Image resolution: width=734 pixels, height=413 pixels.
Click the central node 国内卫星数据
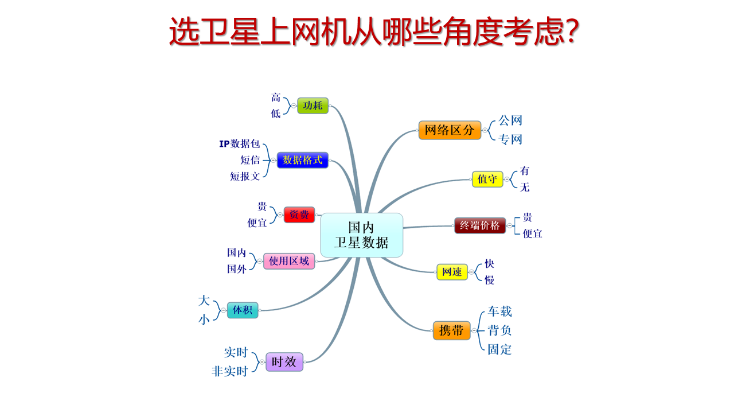tap(361, 235)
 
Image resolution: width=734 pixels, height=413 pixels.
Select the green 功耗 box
tap(313, 106)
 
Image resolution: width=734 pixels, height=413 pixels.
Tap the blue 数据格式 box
tap(302, 160)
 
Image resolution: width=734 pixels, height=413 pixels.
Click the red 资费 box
tap(299, 215)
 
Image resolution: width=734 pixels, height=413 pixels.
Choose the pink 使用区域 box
tap(289, 261)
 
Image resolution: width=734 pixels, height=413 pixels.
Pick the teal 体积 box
tap(243, 310)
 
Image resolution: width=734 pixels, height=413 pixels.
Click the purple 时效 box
tap(284, 362)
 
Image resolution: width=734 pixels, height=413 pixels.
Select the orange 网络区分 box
tap(450, 130)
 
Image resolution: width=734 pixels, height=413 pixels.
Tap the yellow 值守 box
tap(487, 179)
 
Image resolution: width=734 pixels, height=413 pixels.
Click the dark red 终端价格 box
tap(480, 225)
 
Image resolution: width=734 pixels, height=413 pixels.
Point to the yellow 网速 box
tap(452, 272)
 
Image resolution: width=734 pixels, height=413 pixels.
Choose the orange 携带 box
tap(451, 330)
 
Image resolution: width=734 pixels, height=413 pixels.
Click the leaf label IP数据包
tap(240, 143)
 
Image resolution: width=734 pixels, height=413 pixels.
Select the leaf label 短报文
tap(245, 176)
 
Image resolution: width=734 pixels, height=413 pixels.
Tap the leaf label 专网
tap(510, 139)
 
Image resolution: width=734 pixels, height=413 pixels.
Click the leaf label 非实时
tap(229, 371)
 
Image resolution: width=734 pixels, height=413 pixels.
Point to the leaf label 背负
tap(499, 330)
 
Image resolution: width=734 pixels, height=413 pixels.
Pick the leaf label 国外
tap(237, 269)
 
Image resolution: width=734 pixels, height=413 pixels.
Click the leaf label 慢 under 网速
tap(489, 280)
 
